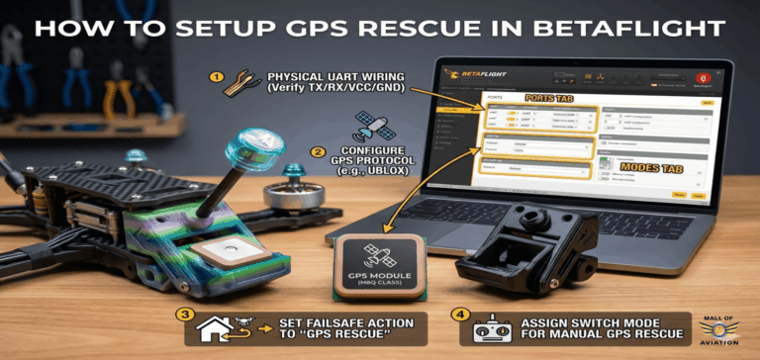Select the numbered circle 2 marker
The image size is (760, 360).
(x=319, y=152)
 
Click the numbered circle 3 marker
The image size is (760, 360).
(x=183, y=315)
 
